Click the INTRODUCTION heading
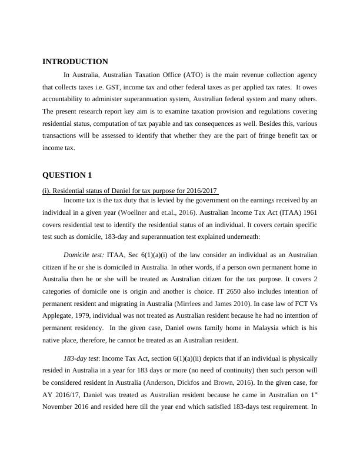coord(75,62)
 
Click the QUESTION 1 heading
coord(67,175)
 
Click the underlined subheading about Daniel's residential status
coord(130,191)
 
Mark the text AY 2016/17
coord(64,394)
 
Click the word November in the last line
coord(63,407)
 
